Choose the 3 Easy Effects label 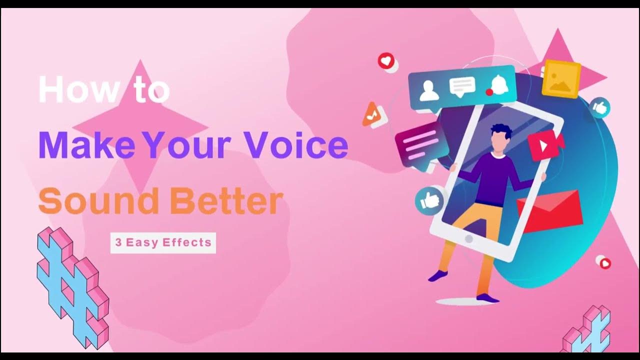[163, 243]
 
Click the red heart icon [385, 61]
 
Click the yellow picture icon [561, 79]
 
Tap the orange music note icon [372, 115]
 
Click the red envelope [550, 210]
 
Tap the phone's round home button [468, 239]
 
